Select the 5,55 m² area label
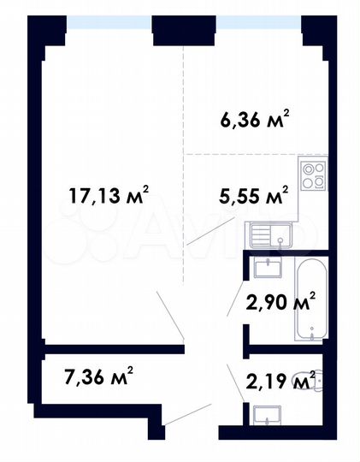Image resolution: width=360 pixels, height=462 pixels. click(251, 196)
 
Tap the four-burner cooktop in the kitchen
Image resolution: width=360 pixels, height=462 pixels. click(314, 175)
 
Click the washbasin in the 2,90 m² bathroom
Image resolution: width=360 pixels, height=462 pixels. click(269, 268)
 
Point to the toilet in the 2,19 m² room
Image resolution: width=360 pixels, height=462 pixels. click(304, 377)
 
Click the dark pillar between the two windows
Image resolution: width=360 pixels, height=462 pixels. click(184, 31)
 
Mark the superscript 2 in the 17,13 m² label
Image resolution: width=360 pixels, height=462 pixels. click(145, 189)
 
